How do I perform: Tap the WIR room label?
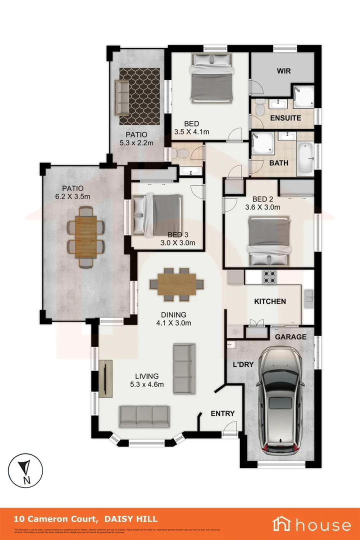click(x=283, y=71)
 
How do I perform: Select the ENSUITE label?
click(x=285, y=118)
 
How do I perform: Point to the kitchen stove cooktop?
click(x=270, y=276)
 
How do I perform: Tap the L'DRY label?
click(x=242, y=364)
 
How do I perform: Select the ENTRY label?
click(x=222, y=413)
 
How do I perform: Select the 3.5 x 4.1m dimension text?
click(x=191, y=132)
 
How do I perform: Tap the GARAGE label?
click(x=291, y=337)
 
